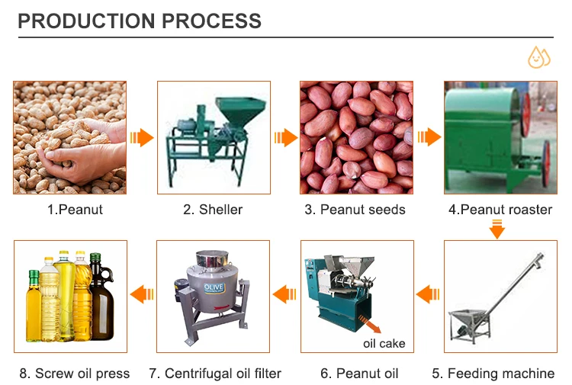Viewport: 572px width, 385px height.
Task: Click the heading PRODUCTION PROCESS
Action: (139, 20)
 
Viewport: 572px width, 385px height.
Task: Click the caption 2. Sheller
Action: (213, 209)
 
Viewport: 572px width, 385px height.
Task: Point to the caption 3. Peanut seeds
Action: (355, 209)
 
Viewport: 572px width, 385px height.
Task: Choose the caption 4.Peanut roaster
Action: (500, 209)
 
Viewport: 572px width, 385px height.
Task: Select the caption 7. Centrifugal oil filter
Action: (215, 374)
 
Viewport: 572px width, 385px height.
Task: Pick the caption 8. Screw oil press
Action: (75, 374)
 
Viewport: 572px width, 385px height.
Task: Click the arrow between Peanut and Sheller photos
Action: (141, 138)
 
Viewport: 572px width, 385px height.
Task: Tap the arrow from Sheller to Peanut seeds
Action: (285, 138)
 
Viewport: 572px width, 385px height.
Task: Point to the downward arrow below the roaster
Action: (496, 228)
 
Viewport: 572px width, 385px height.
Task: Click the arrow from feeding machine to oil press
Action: (429, 293)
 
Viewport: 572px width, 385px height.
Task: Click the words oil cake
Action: (384, 344)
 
